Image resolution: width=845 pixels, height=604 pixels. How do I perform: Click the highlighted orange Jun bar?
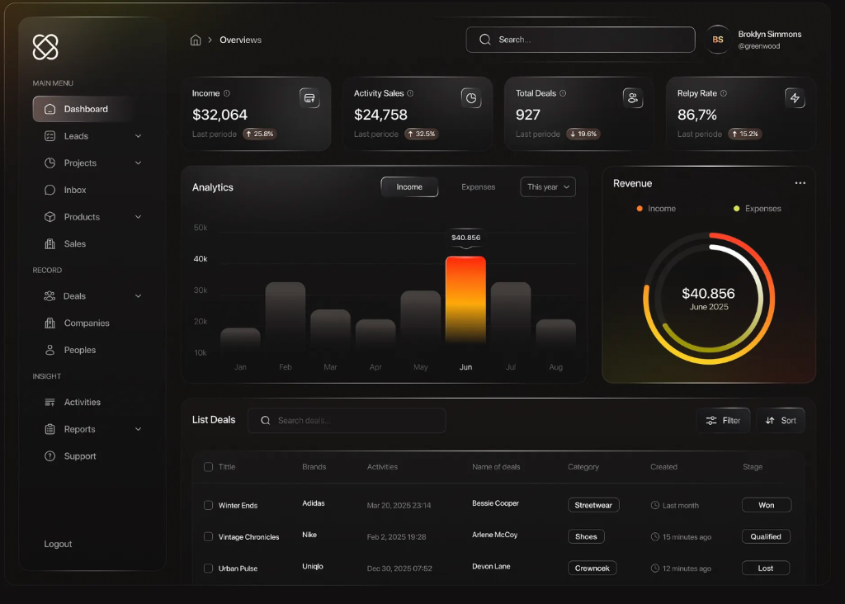click(x=465, y=301)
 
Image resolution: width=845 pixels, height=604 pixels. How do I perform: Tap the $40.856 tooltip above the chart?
click(x=465, y=238)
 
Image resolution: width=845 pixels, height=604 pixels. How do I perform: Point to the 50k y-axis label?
click(x=201, y=228)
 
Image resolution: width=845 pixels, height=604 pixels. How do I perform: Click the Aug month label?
click(x=555, y=367)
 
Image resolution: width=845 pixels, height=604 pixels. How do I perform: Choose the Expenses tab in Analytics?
click(x=478, y=187)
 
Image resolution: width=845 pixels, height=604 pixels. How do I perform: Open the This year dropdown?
click(x=547, y=187)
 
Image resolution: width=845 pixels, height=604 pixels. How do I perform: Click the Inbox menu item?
click(x=75, y=190)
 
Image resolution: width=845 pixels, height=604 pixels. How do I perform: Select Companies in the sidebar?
click(x=87, y=323)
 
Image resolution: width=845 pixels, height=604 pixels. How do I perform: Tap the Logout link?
click(x=58, y=545)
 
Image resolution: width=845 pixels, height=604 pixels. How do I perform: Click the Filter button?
click(x=723, y=421)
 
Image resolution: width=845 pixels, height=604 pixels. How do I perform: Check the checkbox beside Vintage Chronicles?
click(x=208, y=536)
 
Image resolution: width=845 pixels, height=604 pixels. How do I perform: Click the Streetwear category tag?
click(x=593, y=505)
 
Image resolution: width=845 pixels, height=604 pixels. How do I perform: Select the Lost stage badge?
click(x=766, y=569)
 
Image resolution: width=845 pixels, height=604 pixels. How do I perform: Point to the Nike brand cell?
click(x=309, y=535)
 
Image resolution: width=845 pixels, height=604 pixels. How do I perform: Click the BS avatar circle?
click(x=718, y=40)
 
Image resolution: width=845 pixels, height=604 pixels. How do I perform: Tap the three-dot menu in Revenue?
click(x=800, y=183)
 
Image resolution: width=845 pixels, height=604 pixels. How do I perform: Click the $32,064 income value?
click(x=220, y=115)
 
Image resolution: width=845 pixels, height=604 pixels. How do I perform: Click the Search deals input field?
click(x=347, y=421)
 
